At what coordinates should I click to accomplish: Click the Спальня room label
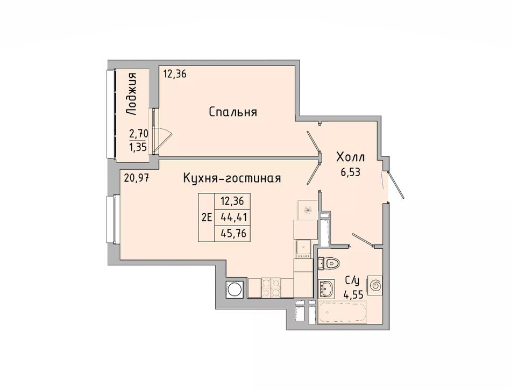(233, 112)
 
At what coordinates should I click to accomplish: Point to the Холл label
(350, 157)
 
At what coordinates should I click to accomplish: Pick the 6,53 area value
(350, 172)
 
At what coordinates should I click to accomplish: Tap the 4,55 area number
(353, 295)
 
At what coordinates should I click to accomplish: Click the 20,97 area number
(136, 178)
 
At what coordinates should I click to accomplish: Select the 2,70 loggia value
(139, 133)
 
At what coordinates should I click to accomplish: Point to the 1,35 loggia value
(139, 148)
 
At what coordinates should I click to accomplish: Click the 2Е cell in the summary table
(207, 217)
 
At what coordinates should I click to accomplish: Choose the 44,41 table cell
(232, 217)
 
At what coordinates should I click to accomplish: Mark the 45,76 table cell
(232, 233)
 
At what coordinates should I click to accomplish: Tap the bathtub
(342, 312)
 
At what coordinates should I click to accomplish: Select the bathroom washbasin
(327, 288)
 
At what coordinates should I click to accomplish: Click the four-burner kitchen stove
(271, 287)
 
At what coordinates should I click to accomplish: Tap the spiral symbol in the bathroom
(375, 285)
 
